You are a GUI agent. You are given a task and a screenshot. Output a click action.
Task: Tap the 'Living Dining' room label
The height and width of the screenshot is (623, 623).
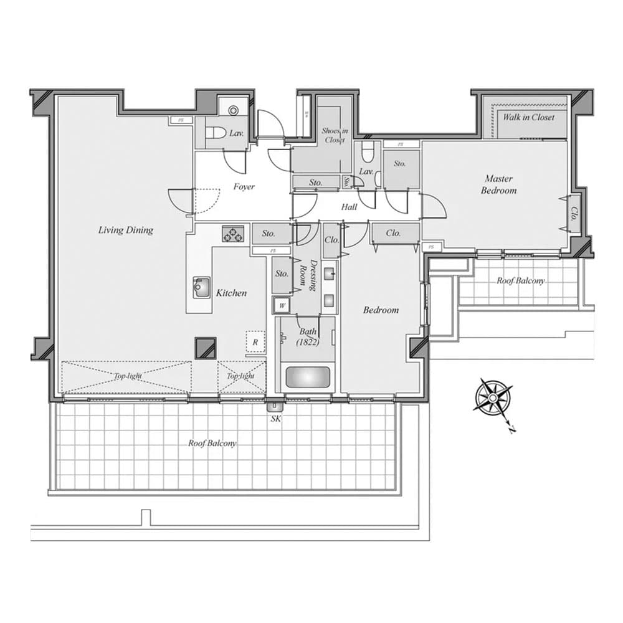125,230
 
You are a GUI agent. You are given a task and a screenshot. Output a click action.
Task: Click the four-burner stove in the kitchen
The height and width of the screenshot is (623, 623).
234,234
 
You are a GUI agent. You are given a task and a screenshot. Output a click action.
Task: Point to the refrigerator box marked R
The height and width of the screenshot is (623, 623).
255,342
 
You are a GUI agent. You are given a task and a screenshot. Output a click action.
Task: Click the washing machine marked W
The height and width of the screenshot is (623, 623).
282,305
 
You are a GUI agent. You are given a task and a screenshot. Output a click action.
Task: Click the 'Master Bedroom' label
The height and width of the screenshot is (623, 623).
499,184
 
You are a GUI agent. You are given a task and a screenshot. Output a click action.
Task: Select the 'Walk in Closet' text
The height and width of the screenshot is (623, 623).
528,117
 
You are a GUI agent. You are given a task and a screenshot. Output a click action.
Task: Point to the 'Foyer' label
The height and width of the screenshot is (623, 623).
244,186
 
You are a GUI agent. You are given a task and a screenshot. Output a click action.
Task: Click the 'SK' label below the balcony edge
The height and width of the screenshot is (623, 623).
275,419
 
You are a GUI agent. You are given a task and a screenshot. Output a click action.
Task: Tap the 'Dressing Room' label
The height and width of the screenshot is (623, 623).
309,274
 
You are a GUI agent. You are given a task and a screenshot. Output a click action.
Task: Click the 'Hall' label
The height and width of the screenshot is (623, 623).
349,207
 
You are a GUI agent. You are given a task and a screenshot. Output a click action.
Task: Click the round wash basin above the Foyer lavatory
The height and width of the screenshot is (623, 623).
234,110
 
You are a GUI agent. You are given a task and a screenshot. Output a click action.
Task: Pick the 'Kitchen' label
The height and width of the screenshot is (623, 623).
231,293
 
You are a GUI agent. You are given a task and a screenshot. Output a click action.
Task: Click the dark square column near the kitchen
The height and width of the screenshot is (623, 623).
205,348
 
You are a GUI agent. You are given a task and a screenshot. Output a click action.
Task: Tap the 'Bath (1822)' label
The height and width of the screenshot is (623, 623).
308,337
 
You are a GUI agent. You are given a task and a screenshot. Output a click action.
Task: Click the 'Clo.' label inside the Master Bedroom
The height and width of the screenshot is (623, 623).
573,214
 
